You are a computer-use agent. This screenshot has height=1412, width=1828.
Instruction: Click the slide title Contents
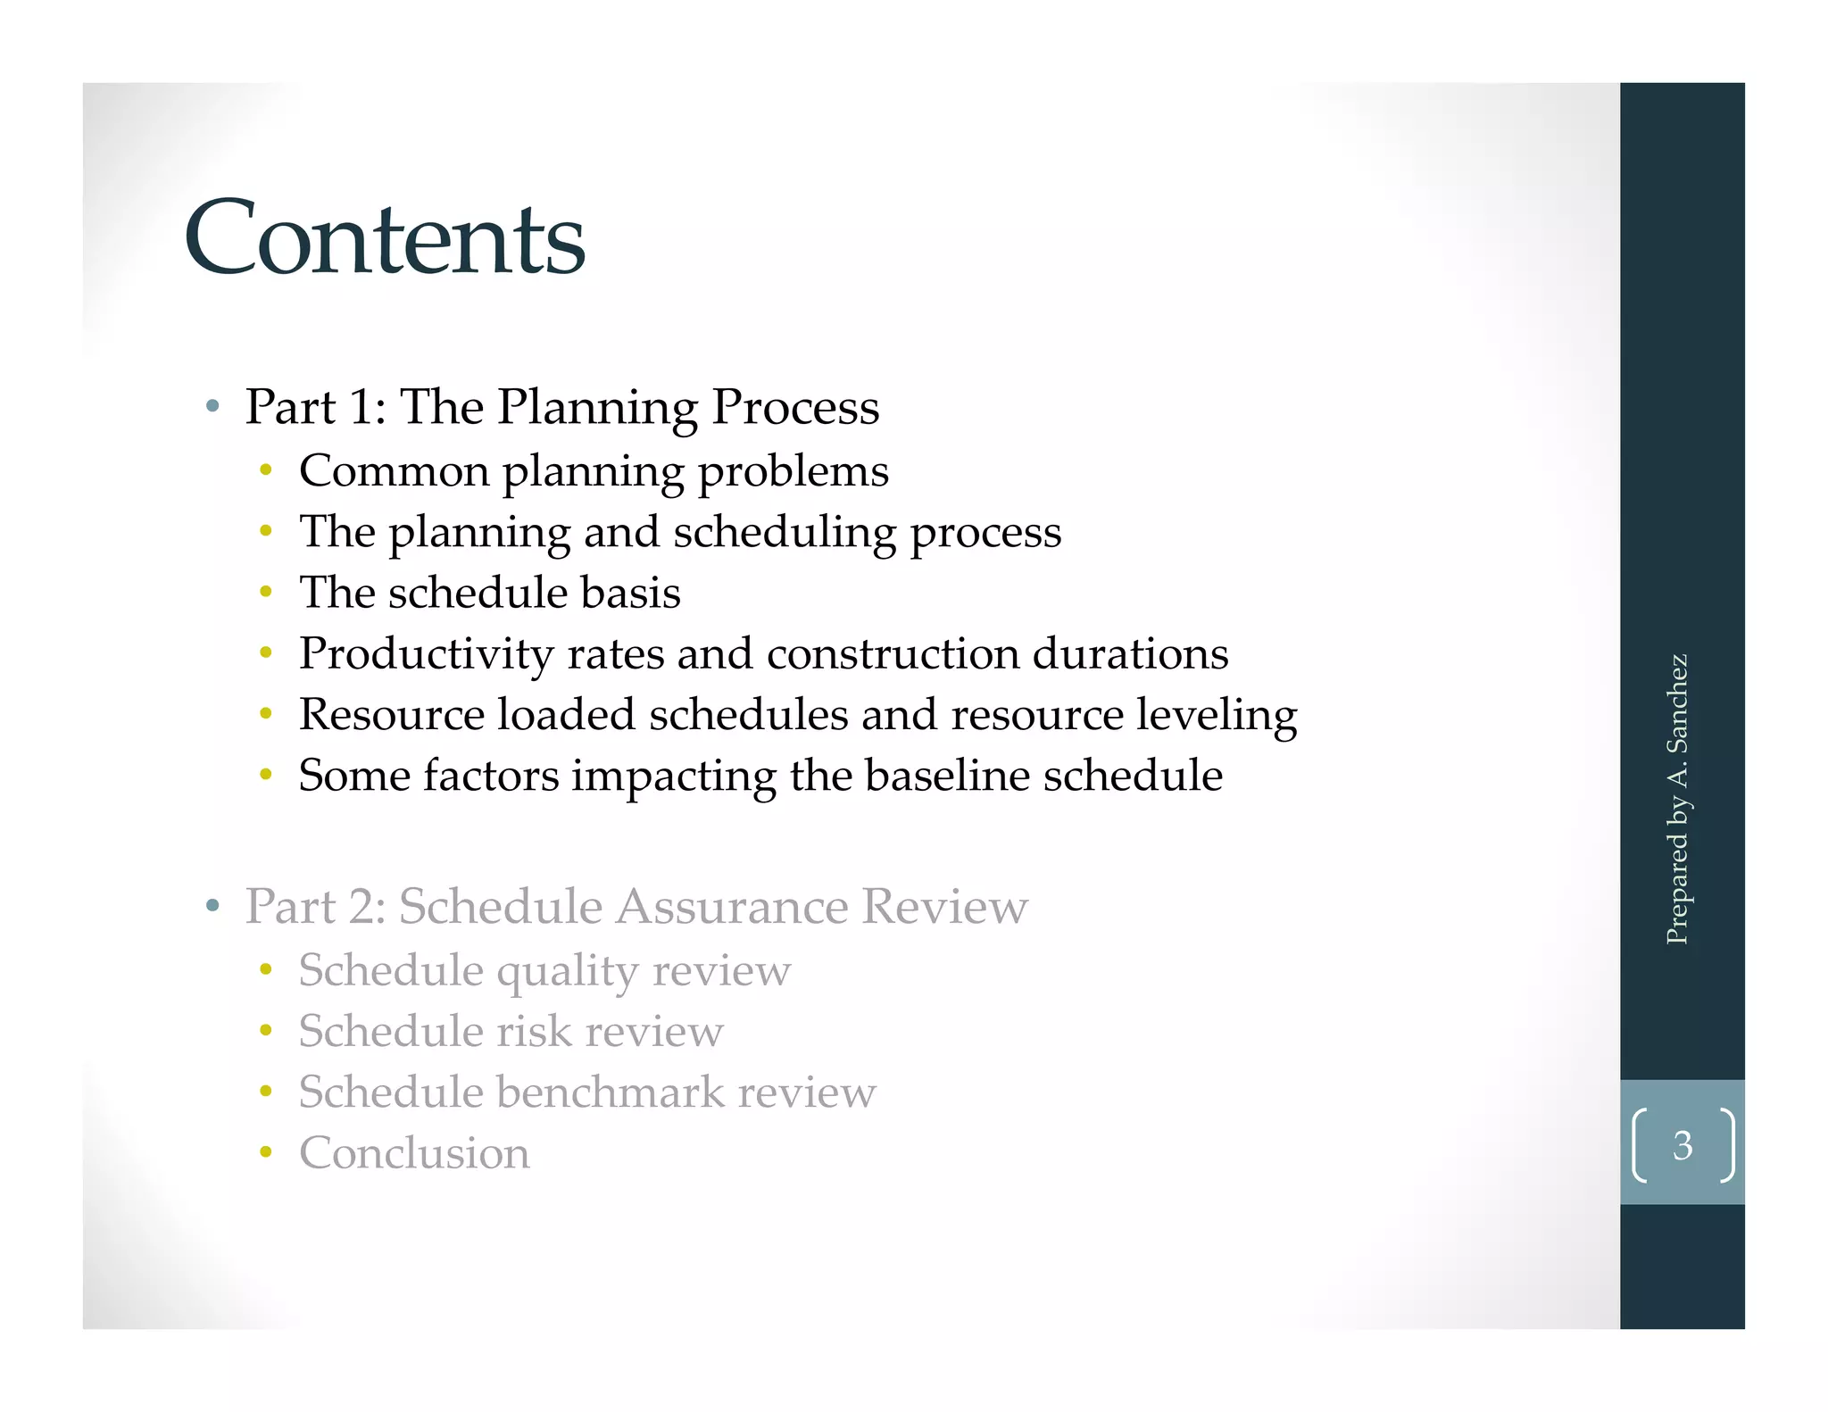tap(385, 238)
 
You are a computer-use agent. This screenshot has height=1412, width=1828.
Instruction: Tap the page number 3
tap(1682, 1145)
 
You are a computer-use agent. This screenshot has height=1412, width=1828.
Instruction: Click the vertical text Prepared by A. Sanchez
tap(1677, 799)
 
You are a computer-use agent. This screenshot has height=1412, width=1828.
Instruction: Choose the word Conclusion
tap(414, 1153)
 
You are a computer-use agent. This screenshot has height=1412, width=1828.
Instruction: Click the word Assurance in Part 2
tap(731, 907)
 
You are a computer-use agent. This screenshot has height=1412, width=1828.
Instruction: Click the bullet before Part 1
tap(212, 407)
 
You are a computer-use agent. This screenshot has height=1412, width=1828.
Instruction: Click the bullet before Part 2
tap(212, 907)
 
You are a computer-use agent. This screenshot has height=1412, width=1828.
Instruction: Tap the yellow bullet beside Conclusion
tap(265, 1152)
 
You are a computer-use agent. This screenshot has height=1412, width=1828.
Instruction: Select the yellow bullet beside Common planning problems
tap(265, 470)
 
